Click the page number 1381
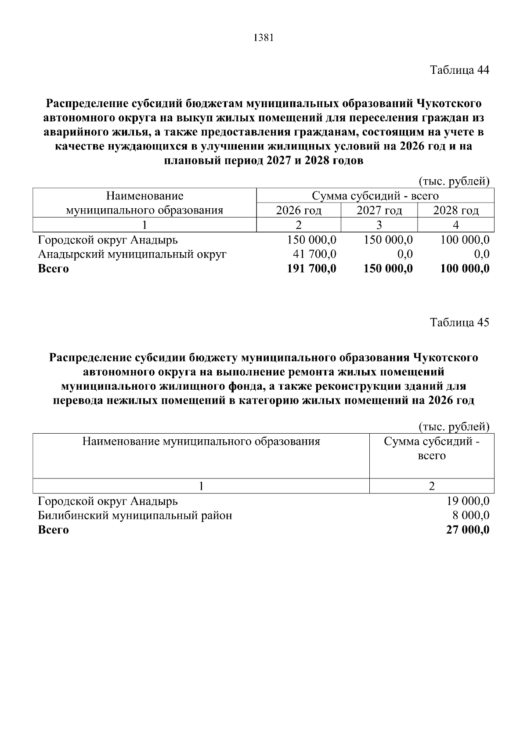coord(263,38)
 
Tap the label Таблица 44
coord(459,70)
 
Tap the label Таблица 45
coord(459,322)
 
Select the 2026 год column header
coord(299,210)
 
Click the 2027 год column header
coord(379,210)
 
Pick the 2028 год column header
coord(456,210)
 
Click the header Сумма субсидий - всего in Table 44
coord(375,196)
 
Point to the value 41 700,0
coord(314,254)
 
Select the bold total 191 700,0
coord(311,268)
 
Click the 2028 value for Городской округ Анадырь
coord(465,240)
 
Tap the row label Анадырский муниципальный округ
coord(132,254)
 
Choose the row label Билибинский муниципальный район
coord(135,515)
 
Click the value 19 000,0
coord(468,501)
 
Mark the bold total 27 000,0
coord(468,530)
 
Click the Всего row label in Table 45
coord(53,530)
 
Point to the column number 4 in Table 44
coord(456,225)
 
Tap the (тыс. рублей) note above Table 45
coord(453,426)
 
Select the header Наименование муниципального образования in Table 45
coord(201,442)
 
